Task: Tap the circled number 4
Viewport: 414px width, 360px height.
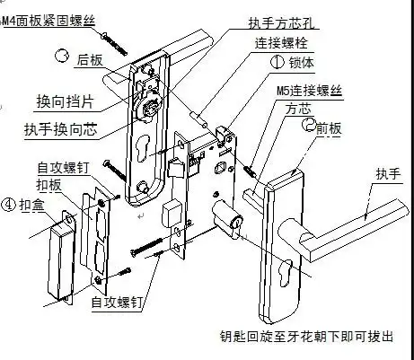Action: point(9,203)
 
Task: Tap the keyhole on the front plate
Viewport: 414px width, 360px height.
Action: point(286,270)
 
